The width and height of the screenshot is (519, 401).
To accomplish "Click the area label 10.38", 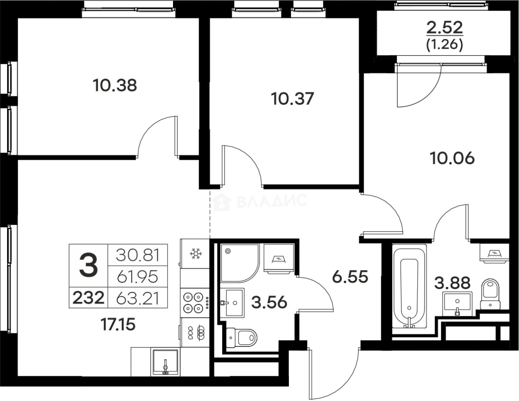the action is pos(115,86).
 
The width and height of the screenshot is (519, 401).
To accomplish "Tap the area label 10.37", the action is pos(292,99).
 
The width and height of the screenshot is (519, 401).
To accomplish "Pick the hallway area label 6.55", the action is pos(350,277).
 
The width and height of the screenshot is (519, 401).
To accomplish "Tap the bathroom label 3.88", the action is pos(452,283).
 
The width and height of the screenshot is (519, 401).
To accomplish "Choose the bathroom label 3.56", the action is pos(269,302).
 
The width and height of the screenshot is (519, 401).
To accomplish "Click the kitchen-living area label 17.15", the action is pos(118,325).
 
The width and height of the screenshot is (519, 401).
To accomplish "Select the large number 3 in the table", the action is pos(89,265).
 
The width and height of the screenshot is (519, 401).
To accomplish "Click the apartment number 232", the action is pos(89,298).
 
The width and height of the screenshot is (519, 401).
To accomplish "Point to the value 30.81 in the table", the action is pos(138,255).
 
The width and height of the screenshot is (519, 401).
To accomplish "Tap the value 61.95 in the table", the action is pos(138,277).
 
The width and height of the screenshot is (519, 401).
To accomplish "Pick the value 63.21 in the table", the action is pos(138,298).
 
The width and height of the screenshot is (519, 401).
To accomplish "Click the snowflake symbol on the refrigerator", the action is pos(196,254).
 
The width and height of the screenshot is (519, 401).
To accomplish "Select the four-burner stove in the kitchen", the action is pos(195,303).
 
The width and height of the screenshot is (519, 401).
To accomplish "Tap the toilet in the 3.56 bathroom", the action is pos(241,338).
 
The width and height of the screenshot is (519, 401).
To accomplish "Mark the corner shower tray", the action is pos(240,263).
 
